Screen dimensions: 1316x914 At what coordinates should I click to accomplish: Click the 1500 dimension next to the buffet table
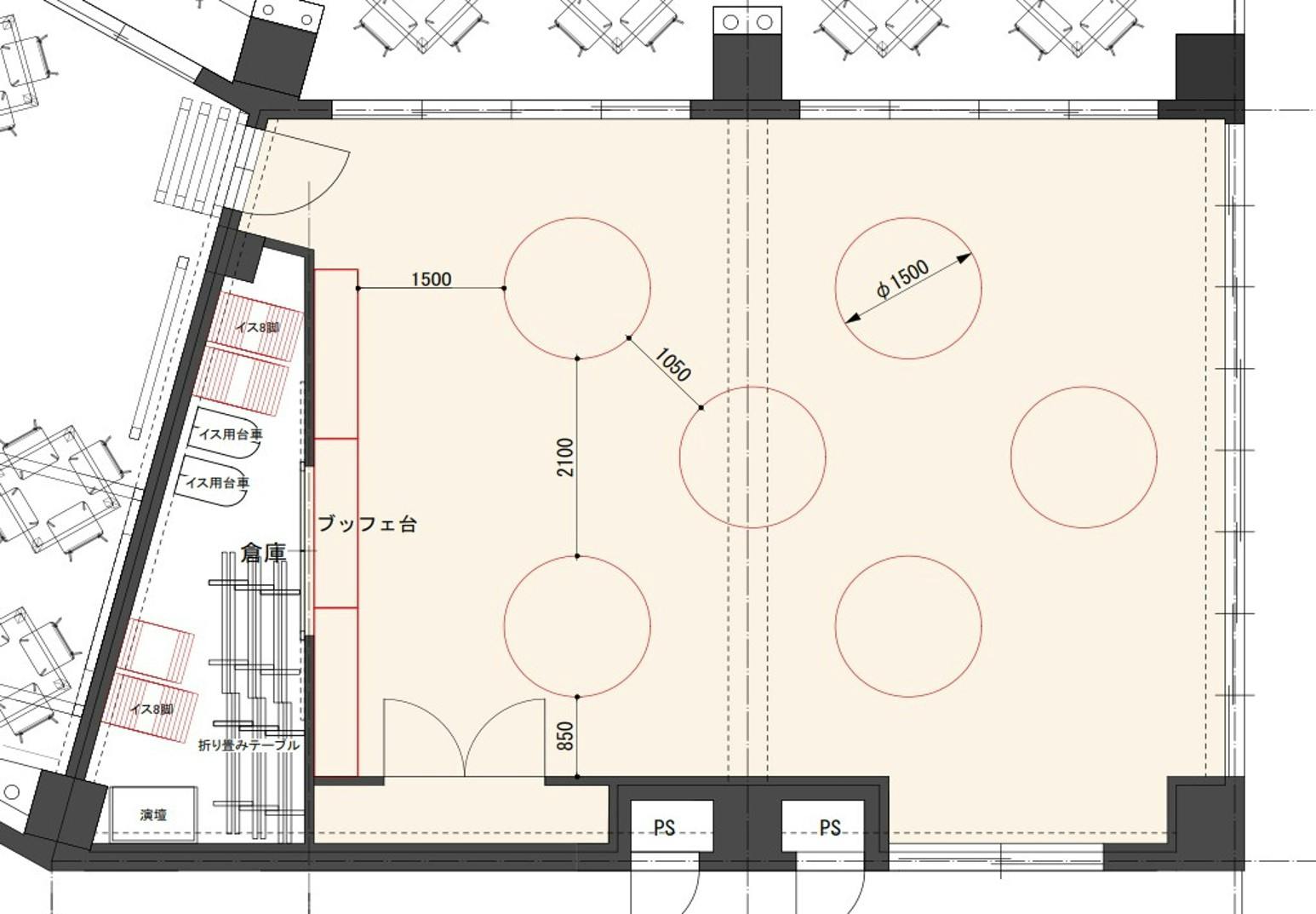tap(432, 279)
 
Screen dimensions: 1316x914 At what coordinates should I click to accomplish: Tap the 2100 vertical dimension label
tap(565, 457)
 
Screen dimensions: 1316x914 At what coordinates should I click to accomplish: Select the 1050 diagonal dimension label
tap(672, 364)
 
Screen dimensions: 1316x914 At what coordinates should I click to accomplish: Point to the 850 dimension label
tap(564, 736)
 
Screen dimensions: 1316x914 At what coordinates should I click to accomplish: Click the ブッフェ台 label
tap(367, 524)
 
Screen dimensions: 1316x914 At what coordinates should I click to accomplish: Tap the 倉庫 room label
tap(263, 553)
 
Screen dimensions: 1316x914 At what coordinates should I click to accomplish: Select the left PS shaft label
tap(665, 828)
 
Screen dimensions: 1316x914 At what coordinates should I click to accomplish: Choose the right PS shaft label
tap(830, 828)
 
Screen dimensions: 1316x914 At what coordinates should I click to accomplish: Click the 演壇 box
tap(153, 814)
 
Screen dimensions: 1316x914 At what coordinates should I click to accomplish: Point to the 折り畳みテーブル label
tap(249, 745)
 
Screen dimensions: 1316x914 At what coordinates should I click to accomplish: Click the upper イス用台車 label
tap(231, 434)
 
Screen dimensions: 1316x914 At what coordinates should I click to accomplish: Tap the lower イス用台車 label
tap(217, 483)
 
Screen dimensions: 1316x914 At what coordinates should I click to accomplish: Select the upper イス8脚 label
tap(257, 327)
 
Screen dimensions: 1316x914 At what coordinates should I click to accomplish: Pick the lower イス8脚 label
tap(152, 709)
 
